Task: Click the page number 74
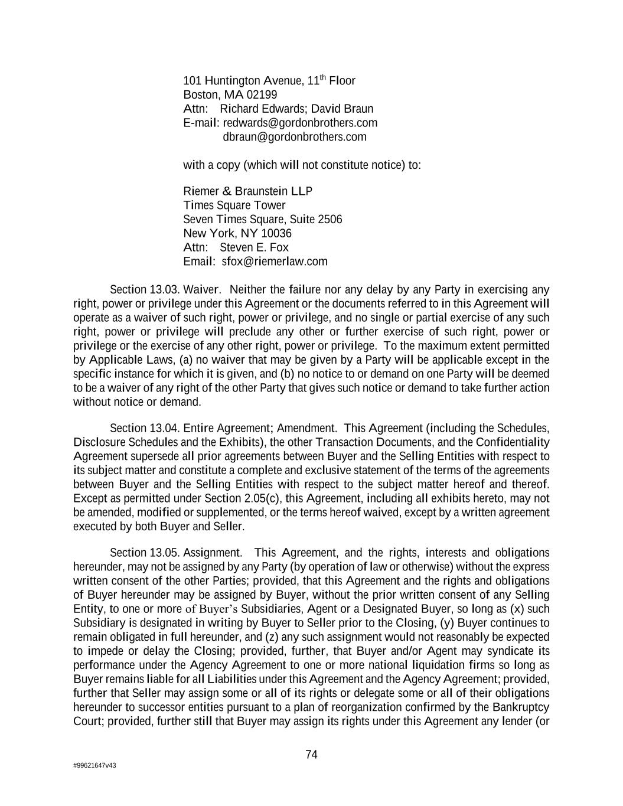(312, 755)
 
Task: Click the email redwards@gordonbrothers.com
(300, 123)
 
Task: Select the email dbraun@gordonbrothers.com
(294, 137)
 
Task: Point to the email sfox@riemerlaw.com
(274, 262)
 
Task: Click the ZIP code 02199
(262, 95)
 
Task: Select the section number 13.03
(164, 290)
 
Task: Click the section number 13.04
(164, 428)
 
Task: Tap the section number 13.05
(164, 553)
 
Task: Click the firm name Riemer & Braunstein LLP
(248, 191)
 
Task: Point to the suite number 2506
(330, 220)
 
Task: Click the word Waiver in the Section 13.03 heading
(201, 290)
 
